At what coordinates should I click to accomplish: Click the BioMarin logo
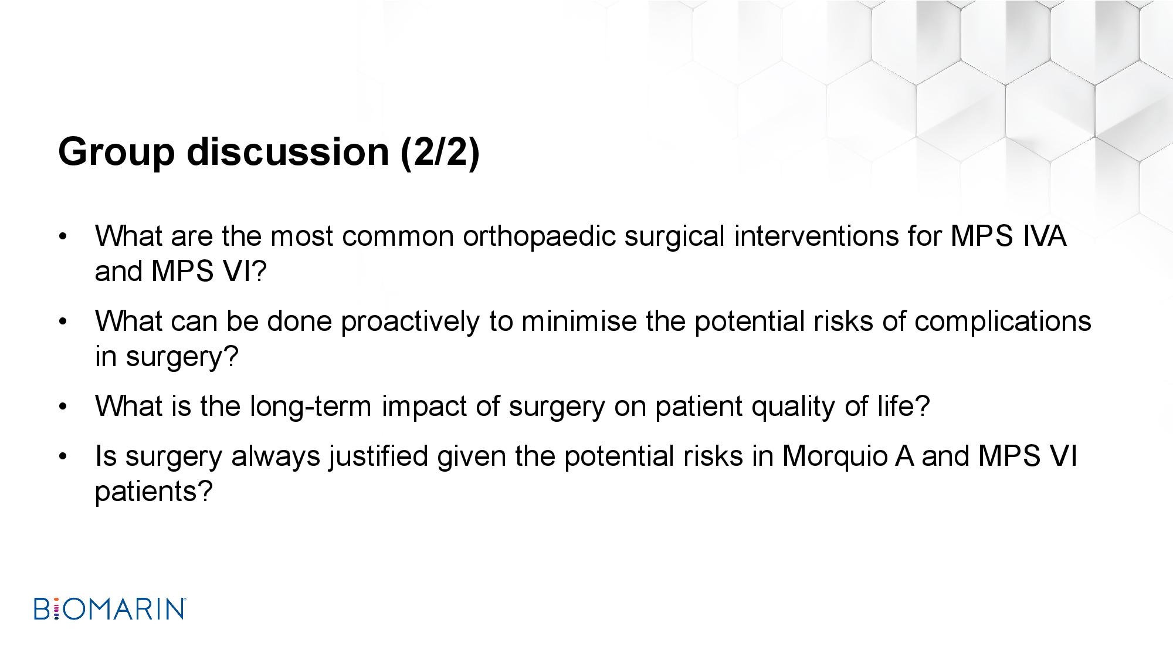point(110,609)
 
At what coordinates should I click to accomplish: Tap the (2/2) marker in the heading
point(440,152)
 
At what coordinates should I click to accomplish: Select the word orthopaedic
point(539,236)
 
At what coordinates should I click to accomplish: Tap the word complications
point(1003,321)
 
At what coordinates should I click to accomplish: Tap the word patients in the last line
point(152,491)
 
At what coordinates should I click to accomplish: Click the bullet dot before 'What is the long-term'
point(63,407)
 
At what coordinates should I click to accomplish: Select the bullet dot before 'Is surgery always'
point(63,457)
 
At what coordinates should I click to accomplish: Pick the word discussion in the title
point(288,152)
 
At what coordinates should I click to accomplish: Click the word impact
point(424,407)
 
